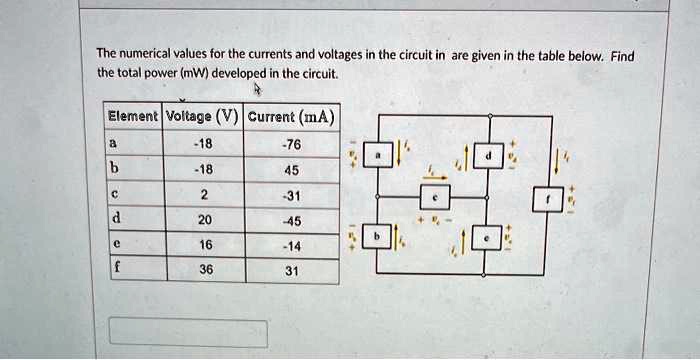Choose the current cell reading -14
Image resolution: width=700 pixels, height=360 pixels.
[291, 243]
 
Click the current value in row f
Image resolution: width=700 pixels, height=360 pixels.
[291, 268]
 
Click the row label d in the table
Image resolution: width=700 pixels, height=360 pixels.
[117, 218]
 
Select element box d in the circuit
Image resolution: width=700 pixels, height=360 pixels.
[489, 157]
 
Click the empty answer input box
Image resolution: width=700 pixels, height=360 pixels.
[188, 333]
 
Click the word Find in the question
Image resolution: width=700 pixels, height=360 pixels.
[622, 56]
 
